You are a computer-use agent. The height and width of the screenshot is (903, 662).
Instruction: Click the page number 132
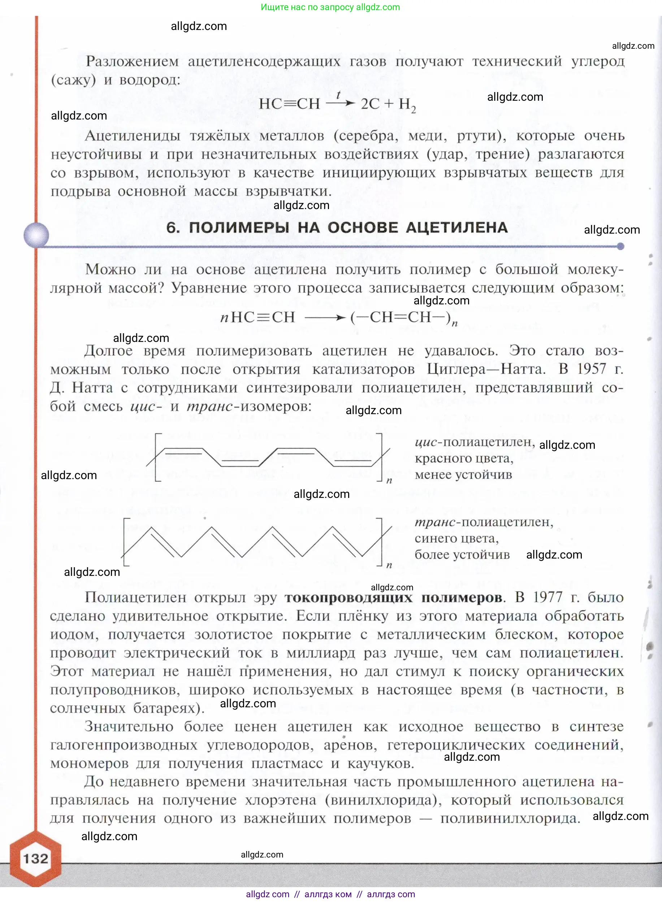point(36,858)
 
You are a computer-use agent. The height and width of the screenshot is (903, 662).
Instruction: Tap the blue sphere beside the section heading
point(36,235)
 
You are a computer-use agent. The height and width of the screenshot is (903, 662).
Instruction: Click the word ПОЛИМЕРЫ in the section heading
point(239,227)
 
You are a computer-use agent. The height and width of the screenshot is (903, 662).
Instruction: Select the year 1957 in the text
point(591,369)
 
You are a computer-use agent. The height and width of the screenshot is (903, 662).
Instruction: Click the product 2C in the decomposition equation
point(370,104)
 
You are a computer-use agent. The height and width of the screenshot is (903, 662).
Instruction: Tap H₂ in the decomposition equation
point(407,105)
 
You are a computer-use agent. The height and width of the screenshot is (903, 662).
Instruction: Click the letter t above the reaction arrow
point(339,95)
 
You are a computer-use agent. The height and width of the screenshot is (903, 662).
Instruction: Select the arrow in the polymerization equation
point(325,318)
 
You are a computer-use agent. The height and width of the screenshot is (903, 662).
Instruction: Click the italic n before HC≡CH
point(224,318)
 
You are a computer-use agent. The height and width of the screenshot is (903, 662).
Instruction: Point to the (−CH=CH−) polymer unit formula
point(401,317)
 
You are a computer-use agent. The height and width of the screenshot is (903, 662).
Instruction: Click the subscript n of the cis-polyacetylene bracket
point(389,480)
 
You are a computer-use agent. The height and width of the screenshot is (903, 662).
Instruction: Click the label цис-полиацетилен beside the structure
point(475,442)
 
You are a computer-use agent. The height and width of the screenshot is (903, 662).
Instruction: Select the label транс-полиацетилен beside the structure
point(484,522)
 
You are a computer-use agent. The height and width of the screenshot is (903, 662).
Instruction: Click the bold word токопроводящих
point(348,597)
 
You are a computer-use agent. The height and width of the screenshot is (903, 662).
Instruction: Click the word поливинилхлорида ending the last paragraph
point(510,818)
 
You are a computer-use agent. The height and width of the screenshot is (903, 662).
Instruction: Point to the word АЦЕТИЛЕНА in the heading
point(457,227)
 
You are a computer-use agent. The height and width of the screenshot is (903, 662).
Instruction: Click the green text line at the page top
point(330,7)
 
